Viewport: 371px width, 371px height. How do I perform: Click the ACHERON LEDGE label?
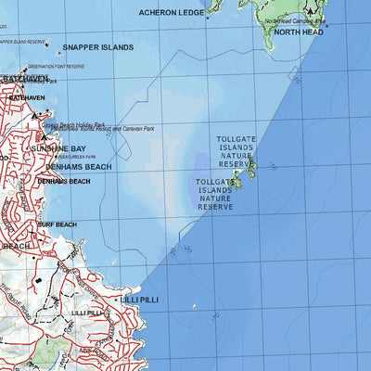170,13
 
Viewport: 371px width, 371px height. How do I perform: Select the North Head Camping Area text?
294,20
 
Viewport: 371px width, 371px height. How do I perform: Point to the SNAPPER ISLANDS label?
97,46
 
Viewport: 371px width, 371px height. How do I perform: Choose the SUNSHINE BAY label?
58,148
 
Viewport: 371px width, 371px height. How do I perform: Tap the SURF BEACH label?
58,224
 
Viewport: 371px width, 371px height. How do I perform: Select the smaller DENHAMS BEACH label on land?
64,181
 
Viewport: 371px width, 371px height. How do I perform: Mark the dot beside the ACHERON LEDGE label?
210,13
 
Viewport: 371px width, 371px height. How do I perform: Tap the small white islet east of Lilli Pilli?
194,307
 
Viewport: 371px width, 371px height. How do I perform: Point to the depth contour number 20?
187,249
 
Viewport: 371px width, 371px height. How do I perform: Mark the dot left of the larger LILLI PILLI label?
116,301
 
